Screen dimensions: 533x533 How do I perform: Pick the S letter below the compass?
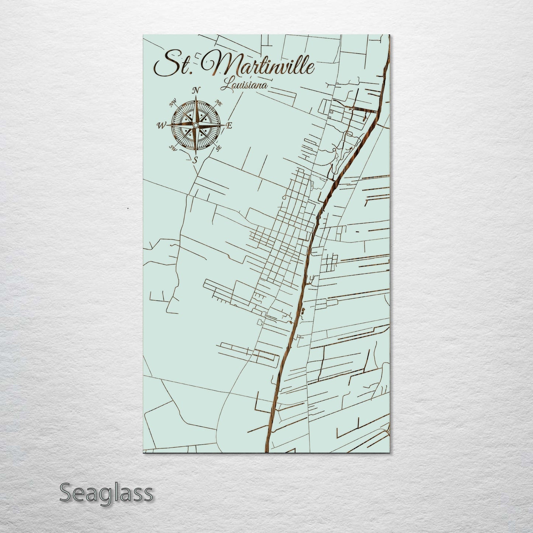tap(195, 160)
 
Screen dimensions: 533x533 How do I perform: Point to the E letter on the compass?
tap(229, 126)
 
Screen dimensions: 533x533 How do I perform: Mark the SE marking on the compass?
tap(218, 149)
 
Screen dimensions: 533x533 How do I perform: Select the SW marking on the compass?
tap(173, 148)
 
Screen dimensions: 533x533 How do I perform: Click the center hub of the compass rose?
tap(195, 126)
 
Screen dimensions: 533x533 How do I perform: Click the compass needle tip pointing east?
tap(224, 126)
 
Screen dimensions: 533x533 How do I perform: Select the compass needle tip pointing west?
tap(167, 126)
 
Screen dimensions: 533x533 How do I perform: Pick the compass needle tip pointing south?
tap(195, 155)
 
